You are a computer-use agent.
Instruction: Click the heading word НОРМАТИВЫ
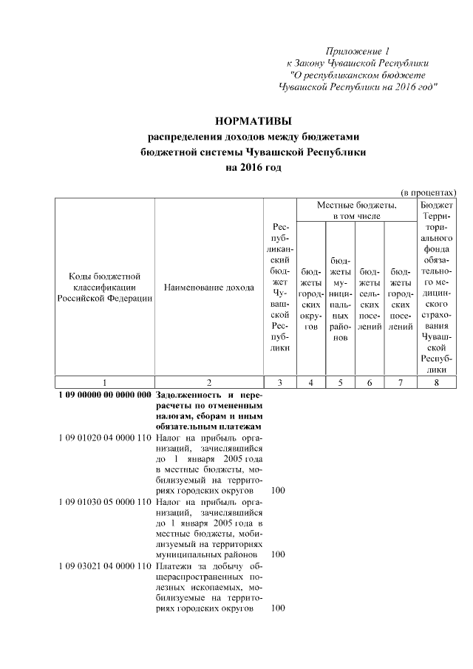(x=253, y=120)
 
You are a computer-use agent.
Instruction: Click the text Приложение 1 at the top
(x=358, y=51)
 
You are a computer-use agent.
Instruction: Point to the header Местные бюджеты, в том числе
(x=356, y=210)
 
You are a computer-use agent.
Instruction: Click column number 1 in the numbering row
(x=104, y=382)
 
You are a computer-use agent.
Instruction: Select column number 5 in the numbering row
(x=341, y=382)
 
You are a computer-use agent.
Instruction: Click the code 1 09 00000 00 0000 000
(x=104, y=395)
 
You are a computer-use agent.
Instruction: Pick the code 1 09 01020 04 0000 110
(x=104, y=438)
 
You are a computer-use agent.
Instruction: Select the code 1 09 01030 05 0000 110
(x=104, y=501)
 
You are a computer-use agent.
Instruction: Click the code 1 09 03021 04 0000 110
(x=104, y=566)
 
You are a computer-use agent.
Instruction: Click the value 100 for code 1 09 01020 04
(x=279, y=491)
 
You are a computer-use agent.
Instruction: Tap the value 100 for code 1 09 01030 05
(x=279, y=554)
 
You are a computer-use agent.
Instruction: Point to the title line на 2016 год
(x=253, y=168)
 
